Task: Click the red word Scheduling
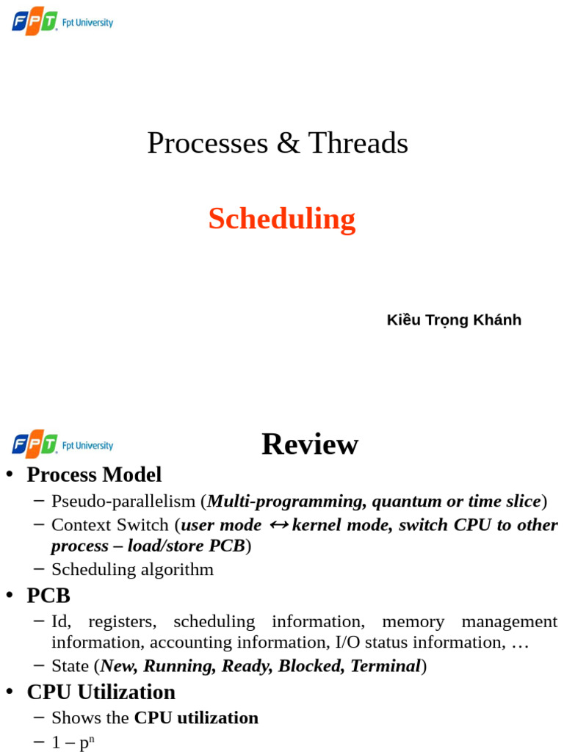point(281,219)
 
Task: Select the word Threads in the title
point(358,142)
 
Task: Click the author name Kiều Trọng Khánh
point(454,319)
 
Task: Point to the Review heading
point(310,444)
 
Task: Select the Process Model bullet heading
point(94,474)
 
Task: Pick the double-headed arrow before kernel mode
point(279,525)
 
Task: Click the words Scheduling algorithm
point(132,569)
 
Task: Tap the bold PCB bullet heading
point(48,595)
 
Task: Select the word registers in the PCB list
point(122,621)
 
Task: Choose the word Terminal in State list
point(385,666)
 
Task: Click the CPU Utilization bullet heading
point(101,692)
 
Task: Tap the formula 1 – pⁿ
point(73,742)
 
